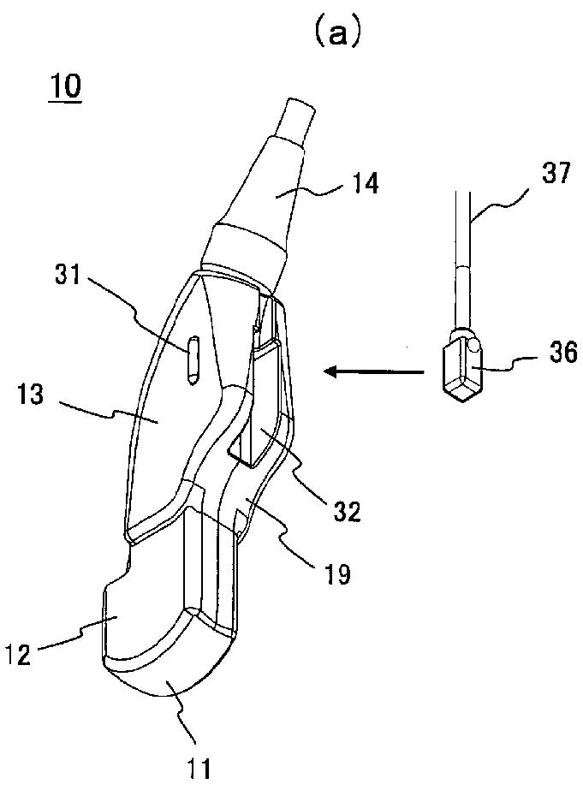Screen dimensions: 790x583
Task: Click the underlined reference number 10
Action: [65, 89]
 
